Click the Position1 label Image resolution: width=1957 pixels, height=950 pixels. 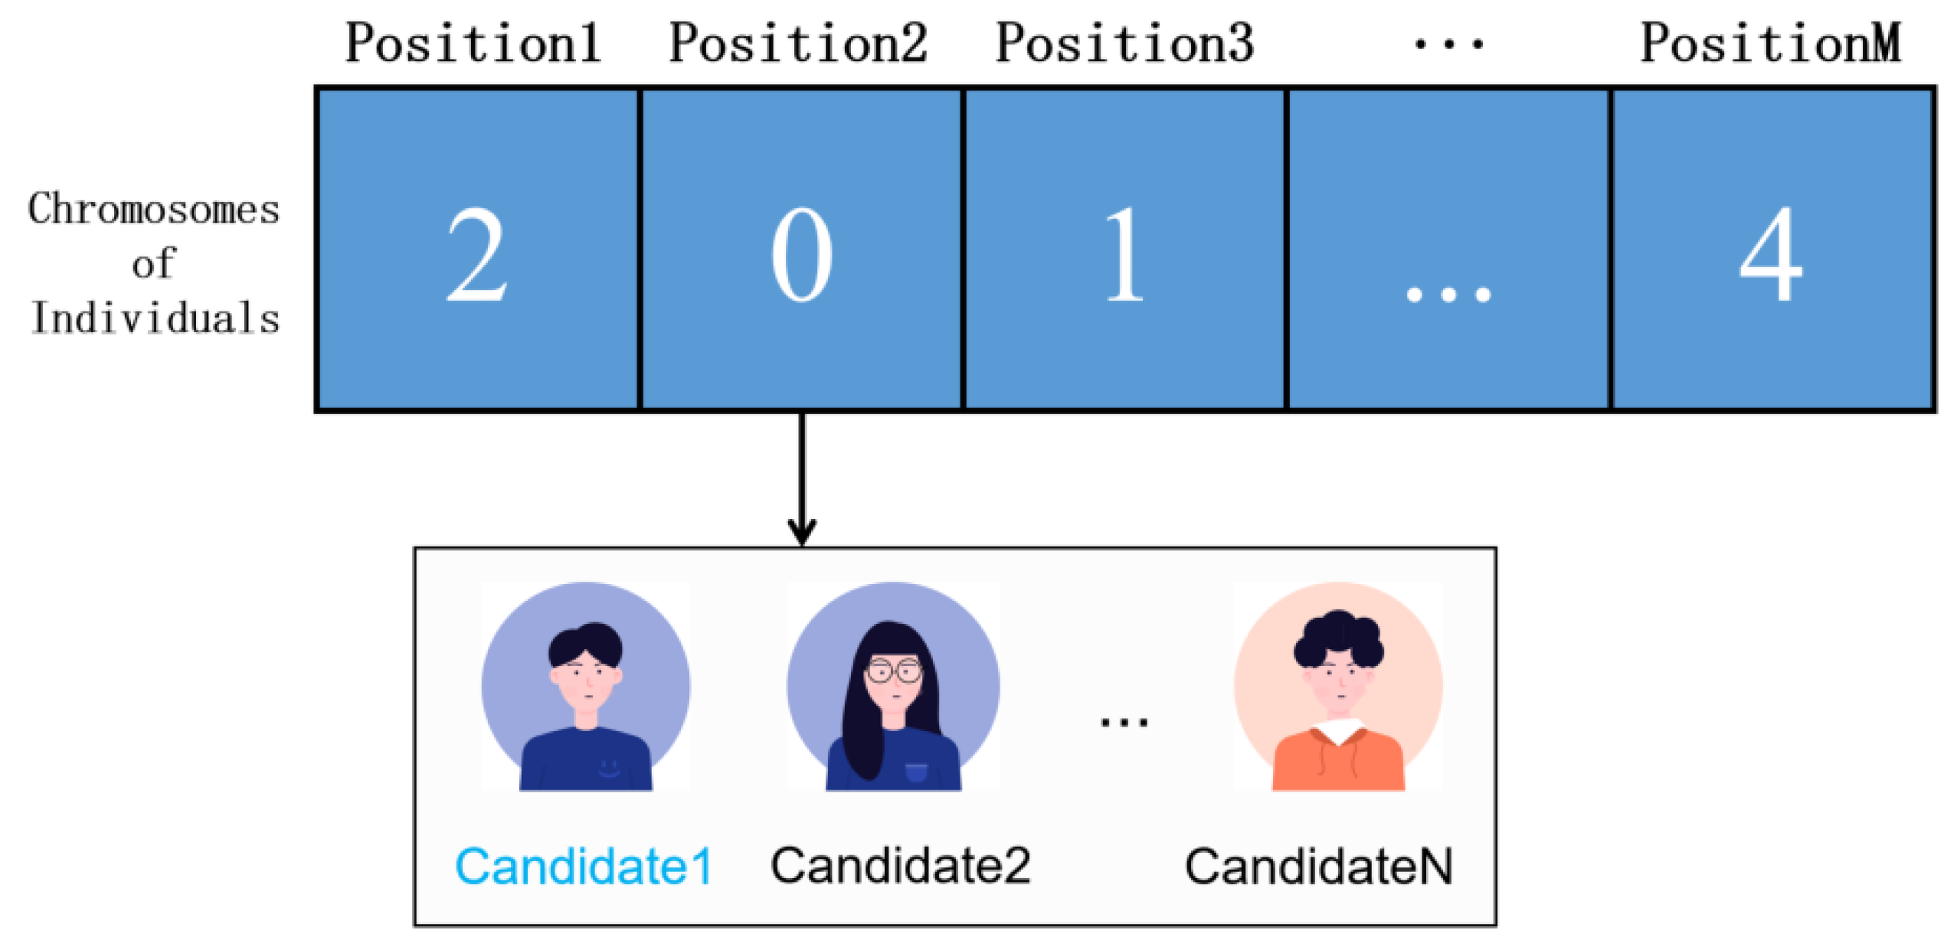point(473,43)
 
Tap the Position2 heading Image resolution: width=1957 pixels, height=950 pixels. point(798,43)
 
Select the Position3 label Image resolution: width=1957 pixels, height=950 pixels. point(1124,43)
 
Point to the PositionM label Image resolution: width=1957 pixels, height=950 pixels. point(1769,43)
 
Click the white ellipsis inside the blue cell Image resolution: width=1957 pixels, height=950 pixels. point(1448,294)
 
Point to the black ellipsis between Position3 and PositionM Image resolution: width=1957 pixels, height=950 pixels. point(1448,44)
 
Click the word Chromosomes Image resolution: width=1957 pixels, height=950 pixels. point(154,209)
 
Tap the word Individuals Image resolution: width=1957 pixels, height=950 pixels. point(155,318)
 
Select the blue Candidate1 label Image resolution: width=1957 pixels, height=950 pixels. point(584,866)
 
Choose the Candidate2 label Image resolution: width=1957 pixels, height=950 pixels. point(900,866)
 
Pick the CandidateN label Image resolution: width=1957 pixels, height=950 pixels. point(1318,866)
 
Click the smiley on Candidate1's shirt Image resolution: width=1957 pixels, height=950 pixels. point(609,766)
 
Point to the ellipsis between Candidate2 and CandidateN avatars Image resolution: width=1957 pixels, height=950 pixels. point(1124,721)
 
